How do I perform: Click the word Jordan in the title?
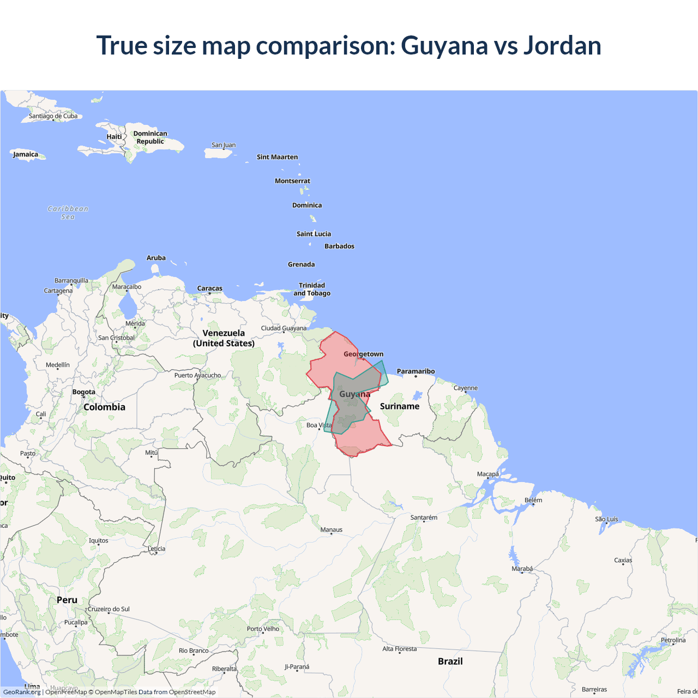[562, 45]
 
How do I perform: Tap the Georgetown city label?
[363, 354]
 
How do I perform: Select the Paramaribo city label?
[416, 371]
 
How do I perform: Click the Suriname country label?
[400, 406]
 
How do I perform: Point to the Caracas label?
[209, 288]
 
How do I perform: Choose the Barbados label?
[339, 246]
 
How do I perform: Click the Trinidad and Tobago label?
[312, 289]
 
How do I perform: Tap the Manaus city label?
[332, 529]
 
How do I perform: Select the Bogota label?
[83, 392]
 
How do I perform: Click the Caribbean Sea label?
[68, 213]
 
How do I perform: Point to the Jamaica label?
[26, 154]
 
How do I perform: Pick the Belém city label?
[533, 500]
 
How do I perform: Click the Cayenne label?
[466, 388]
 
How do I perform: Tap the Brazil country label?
[450, 661]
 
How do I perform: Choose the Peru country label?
[67, 600]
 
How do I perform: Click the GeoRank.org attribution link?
[22, 692]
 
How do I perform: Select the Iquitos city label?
[99, 541]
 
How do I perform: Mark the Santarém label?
[424, 518]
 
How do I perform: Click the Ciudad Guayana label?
[284, 328]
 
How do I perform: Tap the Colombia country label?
[104, 407]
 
